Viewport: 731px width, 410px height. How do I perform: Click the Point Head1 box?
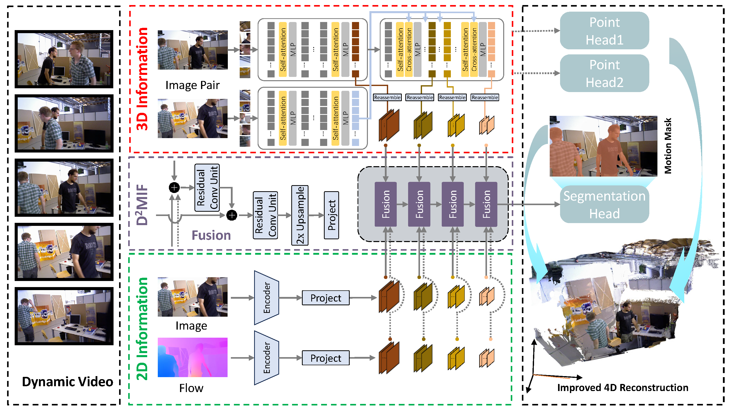(604, 31)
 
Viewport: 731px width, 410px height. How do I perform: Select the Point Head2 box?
(604, 73)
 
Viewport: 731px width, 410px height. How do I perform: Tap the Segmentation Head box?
(604, 204)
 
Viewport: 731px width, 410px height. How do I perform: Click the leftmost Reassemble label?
(387, 97)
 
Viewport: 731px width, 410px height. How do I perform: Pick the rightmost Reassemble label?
(485, 97)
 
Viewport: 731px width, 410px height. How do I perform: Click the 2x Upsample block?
(300, 215)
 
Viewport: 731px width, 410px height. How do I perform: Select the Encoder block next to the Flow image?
(267, 358)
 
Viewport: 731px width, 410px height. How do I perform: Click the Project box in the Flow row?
(325, 358)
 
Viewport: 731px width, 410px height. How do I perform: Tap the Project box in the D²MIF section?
(331, 215)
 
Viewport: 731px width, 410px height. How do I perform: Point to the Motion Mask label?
(668, 146)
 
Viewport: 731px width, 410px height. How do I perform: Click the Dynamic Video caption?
(68, 382)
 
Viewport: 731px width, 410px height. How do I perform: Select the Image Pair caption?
(192, 85)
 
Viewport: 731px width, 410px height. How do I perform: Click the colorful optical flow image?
(192, 357)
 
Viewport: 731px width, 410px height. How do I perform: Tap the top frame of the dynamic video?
(64, 59)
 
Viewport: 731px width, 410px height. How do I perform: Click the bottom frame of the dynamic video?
(64, 316)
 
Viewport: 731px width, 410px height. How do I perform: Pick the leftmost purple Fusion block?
(385, 204)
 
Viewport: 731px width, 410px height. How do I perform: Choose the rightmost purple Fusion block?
(486, 204)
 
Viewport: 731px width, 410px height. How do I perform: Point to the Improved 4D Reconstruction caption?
(623, 387)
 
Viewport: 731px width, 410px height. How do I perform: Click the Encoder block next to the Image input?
(267, 297)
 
